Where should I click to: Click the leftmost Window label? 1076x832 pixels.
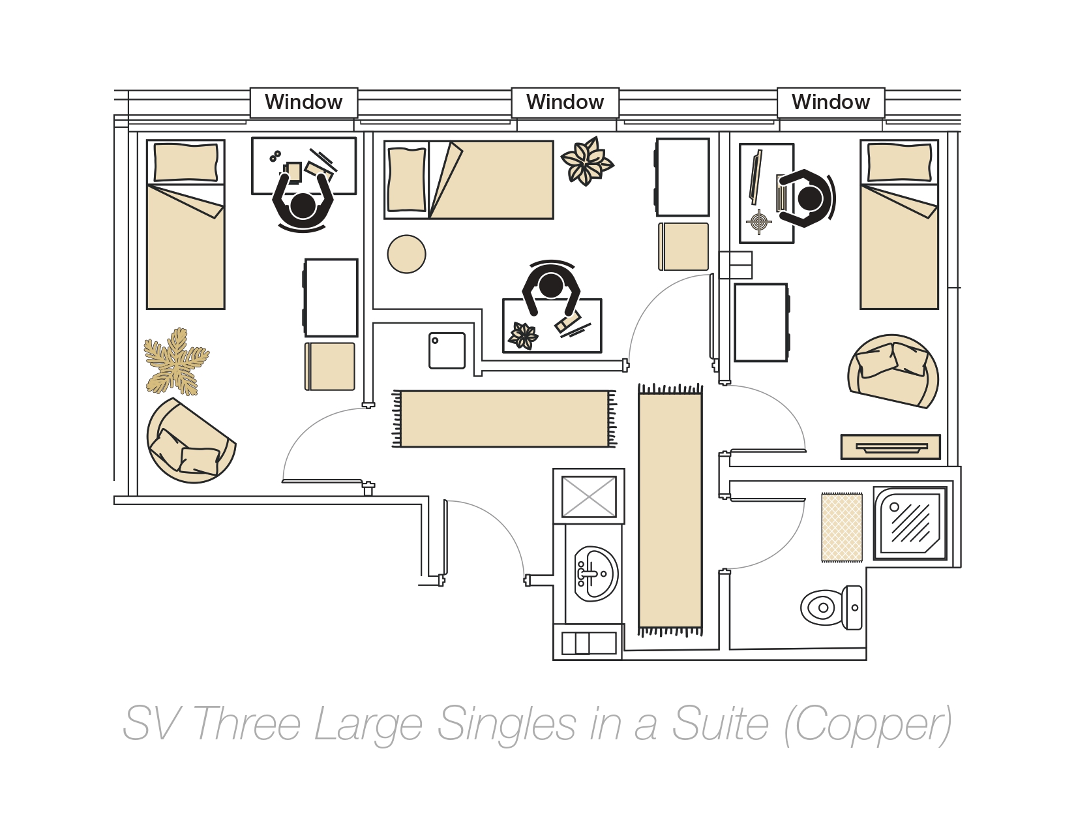click(303, 102)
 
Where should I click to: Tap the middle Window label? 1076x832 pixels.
click(565, 102)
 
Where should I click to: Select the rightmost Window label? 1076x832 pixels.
click(830, 102)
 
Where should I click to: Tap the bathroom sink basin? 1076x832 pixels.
click(595, 574)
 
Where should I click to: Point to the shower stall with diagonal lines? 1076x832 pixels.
click(910, 523)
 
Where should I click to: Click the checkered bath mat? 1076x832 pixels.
click(841, 527)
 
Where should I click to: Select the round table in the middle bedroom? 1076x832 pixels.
click(406, 254)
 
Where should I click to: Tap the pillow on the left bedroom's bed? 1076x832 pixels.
click(186, 162)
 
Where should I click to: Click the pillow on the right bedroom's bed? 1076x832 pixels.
click(899, 162)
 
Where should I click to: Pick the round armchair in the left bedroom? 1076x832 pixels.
click(190, 442)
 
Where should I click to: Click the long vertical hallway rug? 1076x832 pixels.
click(670, 509)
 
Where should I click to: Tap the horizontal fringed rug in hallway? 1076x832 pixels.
click(503, 419)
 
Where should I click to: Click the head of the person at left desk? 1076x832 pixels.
click(303, 206)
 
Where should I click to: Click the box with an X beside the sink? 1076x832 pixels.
click(588, 497)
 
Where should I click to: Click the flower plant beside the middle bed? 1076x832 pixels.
click(586, 161)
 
